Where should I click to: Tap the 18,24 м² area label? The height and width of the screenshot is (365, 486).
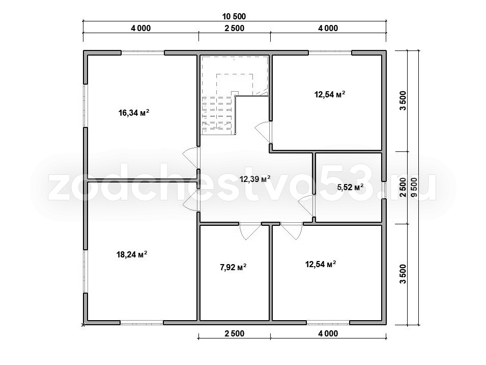point(131,254)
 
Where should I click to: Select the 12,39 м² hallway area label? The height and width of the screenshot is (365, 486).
point(255,178)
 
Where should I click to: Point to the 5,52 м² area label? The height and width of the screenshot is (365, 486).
point(350,187)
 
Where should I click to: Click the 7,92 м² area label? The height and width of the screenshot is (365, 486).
point(233,267)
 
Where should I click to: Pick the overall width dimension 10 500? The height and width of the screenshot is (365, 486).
point(234,16)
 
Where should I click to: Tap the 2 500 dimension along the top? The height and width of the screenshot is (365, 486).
point(234,28)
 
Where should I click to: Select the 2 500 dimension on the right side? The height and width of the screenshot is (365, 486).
point(403,188)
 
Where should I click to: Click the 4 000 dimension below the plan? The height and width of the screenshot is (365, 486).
point(328,334)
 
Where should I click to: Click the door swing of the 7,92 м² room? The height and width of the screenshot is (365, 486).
point(250,231)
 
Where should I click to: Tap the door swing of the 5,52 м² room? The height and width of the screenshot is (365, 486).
point(306,206)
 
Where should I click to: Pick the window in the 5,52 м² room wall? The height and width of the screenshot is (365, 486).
point(384,190)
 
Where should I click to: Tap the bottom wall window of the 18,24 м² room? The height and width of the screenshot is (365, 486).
point(141,323)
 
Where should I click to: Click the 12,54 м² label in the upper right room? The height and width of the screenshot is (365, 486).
point(330,94)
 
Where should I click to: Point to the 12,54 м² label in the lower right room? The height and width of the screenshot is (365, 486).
point(321,264)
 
